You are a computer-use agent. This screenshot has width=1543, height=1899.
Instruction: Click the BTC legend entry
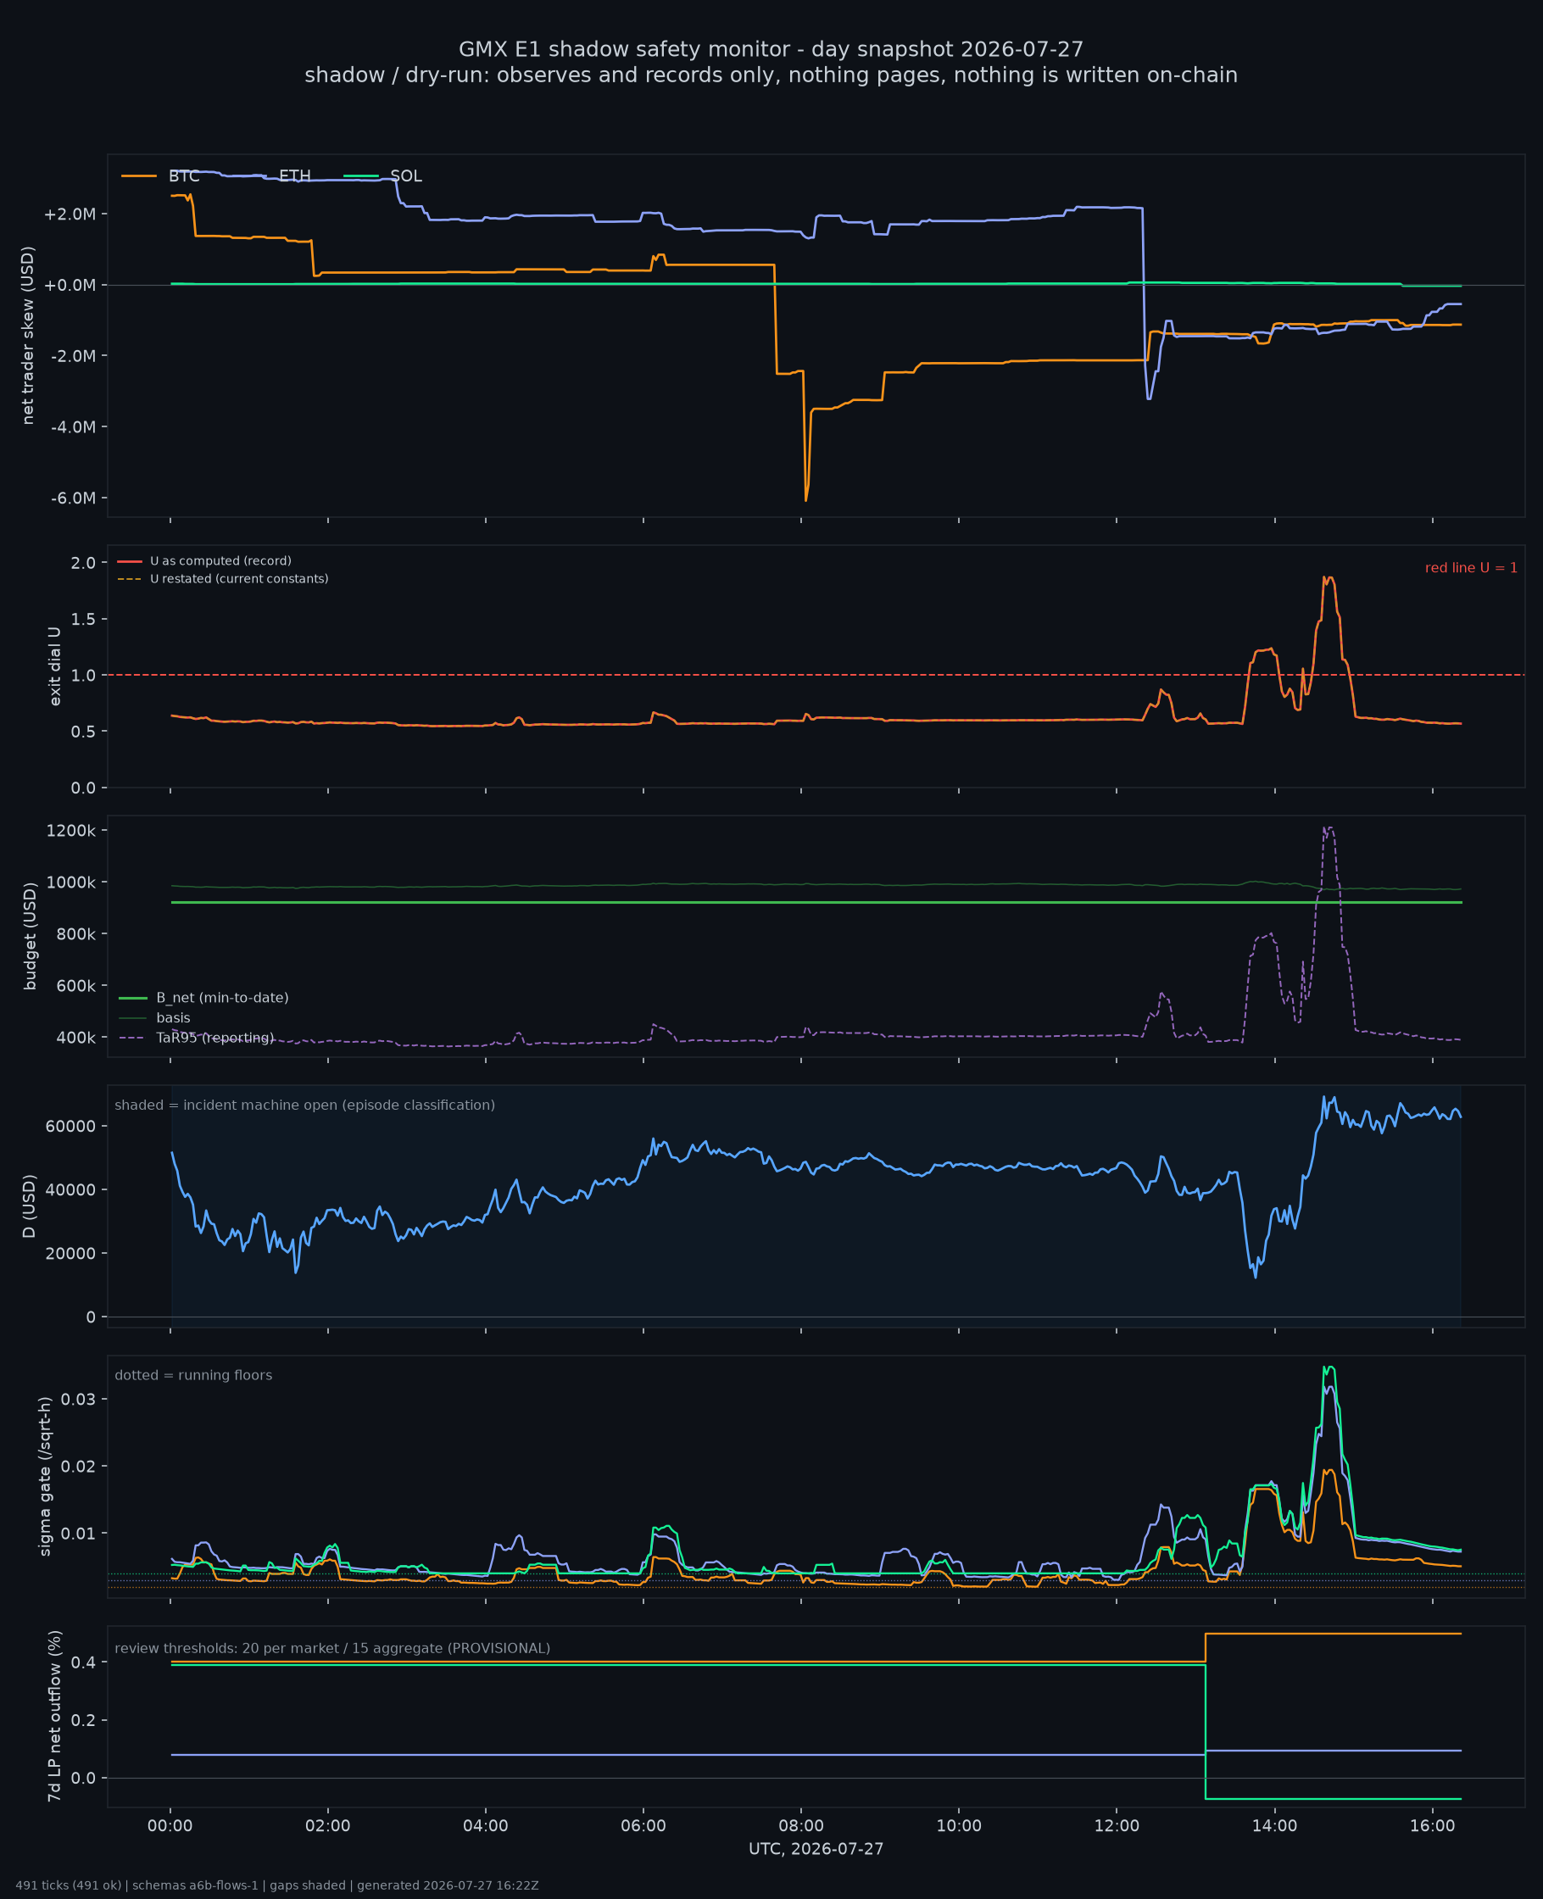pos(161,176)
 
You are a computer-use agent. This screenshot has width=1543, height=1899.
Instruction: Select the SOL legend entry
pos(383,176)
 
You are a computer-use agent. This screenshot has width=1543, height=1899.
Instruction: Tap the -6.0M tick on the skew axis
pos(73,498)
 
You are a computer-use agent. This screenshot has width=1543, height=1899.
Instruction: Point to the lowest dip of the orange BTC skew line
pos(806,500)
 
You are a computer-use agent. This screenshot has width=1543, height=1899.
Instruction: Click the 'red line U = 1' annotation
pos(1471,568)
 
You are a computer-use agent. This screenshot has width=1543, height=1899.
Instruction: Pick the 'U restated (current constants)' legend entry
pos(223,579)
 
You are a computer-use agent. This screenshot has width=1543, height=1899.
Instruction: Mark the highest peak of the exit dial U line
pos(1326,577)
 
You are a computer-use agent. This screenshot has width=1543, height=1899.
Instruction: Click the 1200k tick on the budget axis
pos(71,831)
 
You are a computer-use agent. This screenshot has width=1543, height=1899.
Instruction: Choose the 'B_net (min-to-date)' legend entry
pos(204,998)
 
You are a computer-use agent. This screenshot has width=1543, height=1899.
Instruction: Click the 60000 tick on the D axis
pos(71,1126)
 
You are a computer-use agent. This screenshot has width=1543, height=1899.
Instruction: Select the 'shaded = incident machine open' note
pos(305,1105)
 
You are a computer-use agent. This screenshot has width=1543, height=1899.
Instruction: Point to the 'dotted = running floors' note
pos(194,1376)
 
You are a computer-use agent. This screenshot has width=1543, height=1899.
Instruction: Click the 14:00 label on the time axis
pos(1274,1826)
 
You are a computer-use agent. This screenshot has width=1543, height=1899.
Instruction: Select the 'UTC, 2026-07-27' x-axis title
pos(816,1849)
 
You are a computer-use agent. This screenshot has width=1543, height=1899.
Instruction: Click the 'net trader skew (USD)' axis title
pos(27,335)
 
